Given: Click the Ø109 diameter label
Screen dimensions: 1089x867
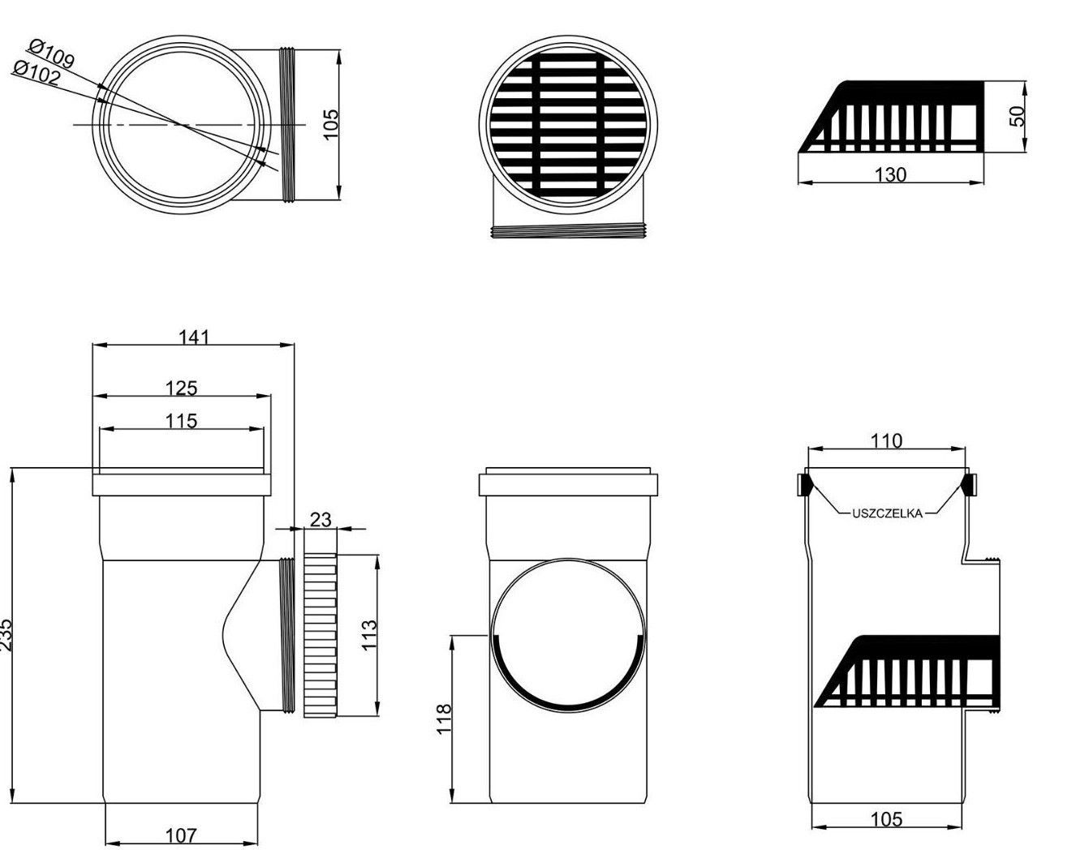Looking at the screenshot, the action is pyautogui.click(x=52, y=54).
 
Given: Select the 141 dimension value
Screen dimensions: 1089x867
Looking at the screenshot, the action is pyautogui.click(x=194, y=337).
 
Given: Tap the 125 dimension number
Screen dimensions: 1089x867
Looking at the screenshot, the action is pyautogui.click(x=182, y=388).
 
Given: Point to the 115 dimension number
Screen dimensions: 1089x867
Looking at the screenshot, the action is pyautogui.click(x=182, y=420).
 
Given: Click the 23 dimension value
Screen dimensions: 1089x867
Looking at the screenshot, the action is pyautogui.click(x=321, y=520).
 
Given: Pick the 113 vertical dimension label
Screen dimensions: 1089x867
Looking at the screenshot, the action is pyautogui.click(x=369, y=635).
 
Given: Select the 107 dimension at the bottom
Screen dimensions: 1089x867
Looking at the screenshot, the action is pyautogui.click(x=181, y=835).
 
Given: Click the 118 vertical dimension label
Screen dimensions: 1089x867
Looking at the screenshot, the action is pyautogui.click(x=443, y=719).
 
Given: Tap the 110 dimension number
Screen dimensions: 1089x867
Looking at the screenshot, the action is pyautogui.click(x=887, y=441).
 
